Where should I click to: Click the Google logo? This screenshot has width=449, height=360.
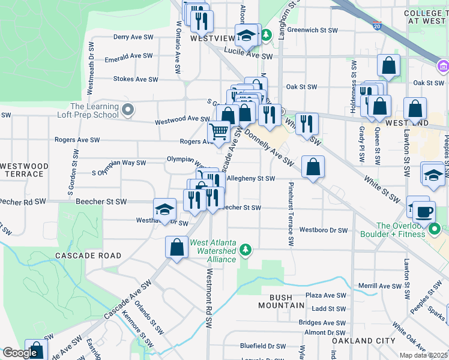click(x=19, y=353)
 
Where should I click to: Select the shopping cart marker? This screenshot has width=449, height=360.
click(x=219, y=131)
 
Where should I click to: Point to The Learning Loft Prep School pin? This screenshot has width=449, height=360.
click(x=127, y=110)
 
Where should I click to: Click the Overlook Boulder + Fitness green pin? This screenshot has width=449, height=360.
click(x=436, y=229)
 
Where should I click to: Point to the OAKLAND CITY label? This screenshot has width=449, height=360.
click(x=364, y=341)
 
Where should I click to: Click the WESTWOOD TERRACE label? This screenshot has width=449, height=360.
click(x=23, y=170)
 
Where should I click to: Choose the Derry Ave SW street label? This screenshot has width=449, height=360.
click(x=133, y=37)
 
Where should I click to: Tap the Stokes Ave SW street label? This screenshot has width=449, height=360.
click(x=136, y=79)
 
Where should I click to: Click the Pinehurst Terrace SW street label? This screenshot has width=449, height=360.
click(x=291, y=214)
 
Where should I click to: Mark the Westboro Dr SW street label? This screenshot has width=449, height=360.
click(x=324, y=230)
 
